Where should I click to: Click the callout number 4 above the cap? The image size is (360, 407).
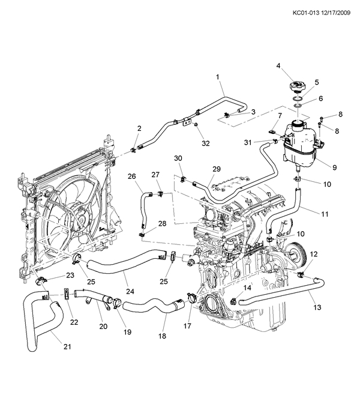pyautogui.click(x=278, y=65)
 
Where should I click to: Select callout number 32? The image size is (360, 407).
pyautogui.click(x=205, y=143)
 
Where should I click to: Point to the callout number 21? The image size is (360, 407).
pyautogui.click(x=67, y=346)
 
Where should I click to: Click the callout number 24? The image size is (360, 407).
pyautogui.click(x=130, y=292)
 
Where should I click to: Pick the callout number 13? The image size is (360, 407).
pyautogui.click(x=317, y=307)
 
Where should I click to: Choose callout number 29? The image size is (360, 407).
pyautogui.click(x=217, y=169)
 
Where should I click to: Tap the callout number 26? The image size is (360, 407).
pyautogui.click(x=132, y=176)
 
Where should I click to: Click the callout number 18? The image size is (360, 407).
pyautogui.click(x=162, y=336)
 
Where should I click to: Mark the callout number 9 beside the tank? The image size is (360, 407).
pyautogui.click(x=335, y=167)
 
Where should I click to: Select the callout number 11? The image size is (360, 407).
pyautogui.click(x=325, y=214)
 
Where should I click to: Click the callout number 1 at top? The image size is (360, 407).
pyautogui.click(x=218, y=77)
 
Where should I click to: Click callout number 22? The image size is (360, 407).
pyautogui.click(x=74, y=322)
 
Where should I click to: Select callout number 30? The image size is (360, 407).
pyautogui.click(x=178, y=158)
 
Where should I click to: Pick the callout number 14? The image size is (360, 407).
pyautogui.click(x=247, y=288)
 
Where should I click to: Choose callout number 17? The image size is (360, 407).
pyautogui.click(x=187, y=326)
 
